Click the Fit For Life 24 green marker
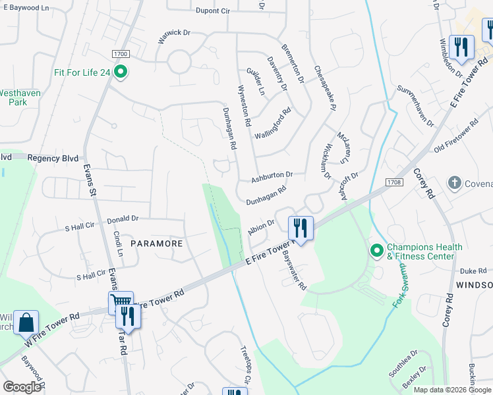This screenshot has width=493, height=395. [121, 72]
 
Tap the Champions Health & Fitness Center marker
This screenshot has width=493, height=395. [376, 251]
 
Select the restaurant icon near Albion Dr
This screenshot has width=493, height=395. [301, 228]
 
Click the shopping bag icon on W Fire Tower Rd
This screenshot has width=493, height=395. [26, 323]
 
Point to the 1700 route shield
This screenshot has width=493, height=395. [120, 54]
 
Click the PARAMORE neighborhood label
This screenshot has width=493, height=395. [156, 243]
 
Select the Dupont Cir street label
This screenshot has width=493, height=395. [212, 11]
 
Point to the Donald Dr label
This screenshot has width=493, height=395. [123, 218]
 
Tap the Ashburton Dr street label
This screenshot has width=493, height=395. [272, 176]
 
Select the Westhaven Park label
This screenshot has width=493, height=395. [20, 97]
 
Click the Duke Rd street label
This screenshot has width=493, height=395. [473, 271]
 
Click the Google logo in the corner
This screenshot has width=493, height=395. [22, 387]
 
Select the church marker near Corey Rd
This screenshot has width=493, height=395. [453, 182]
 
